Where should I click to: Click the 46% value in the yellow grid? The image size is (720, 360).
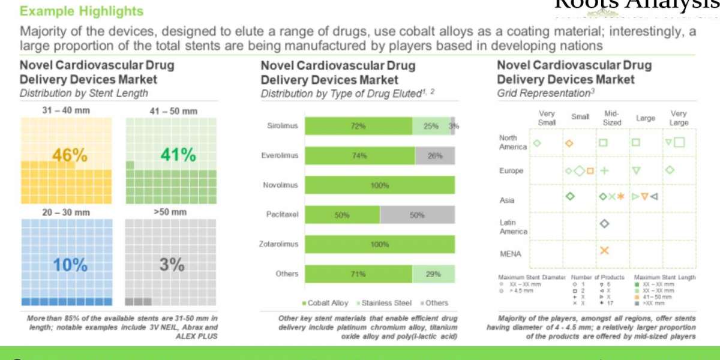[x=70, y=155]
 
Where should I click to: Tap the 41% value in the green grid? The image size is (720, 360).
[x=178, y=155]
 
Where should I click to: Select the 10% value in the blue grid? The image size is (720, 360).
[x=70, y=265]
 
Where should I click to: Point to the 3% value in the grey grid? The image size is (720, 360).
[x=172, y=265]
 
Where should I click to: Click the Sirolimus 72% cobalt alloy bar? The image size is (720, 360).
[x=358, y=126]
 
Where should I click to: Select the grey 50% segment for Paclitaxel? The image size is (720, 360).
[x=417, y=215]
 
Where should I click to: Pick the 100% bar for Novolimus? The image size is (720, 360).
[x=379, y=185]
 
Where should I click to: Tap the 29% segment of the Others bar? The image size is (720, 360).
[x=433, y=274]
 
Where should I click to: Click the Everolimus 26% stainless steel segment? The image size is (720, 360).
[x=434, y=156]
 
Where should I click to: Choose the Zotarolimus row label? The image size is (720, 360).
[x=279, y=244]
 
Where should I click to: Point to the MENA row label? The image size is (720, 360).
[x=510, y=254]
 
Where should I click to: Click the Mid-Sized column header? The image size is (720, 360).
[x=611, y=118]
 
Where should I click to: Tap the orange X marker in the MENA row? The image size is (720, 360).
[x=604, y=250]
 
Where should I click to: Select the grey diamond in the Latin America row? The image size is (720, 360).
[x=604, y=223]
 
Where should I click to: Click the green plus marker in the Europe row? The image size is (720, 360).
[x=604, y=170]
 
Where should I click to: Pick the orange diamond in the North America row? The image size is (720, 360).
[x=569, y=143]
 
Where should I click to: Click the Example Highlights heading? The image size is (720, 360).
[x=82, y=11]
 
